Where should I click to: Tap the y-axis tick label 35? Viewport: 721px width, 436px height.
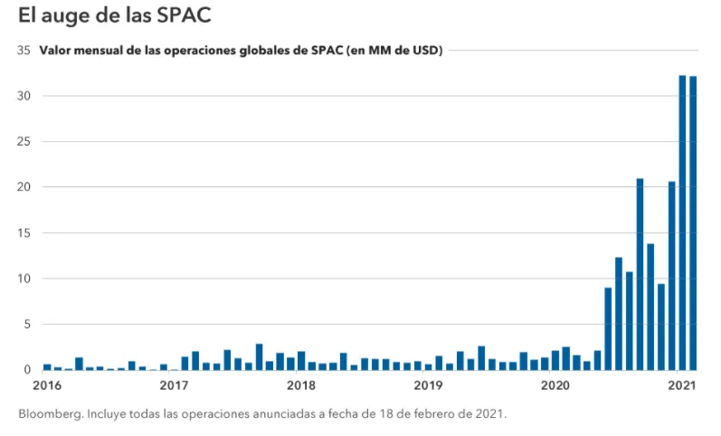[24, 51]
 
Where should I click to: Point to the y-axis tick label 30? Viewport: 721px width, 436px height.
[24, 96]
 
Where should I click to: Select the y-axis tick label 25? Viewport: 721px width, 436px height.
[24, 142]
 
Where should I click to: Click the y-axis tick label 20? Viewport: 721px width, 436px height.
[24, 187]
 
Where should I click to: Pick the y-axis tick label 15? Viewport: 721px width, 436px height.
[24, 233]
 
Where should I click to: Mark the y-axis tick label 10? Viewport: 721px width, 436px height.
[24, 279]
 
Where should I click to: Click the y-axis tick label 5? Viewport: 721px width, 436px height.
[27, 324]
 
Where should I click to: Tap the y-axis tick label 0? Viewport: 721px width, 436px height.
[27, 370]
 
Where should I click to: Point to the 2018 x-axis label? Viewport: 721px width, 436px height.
[300, 385]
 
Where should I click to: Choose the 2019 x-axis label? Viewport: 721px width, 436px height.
[427, 385]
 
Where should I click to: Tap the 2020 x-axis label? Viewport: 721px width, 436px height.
[555, 385]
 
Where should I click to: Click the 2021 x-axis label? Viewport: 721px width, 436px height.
[681, 385]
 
